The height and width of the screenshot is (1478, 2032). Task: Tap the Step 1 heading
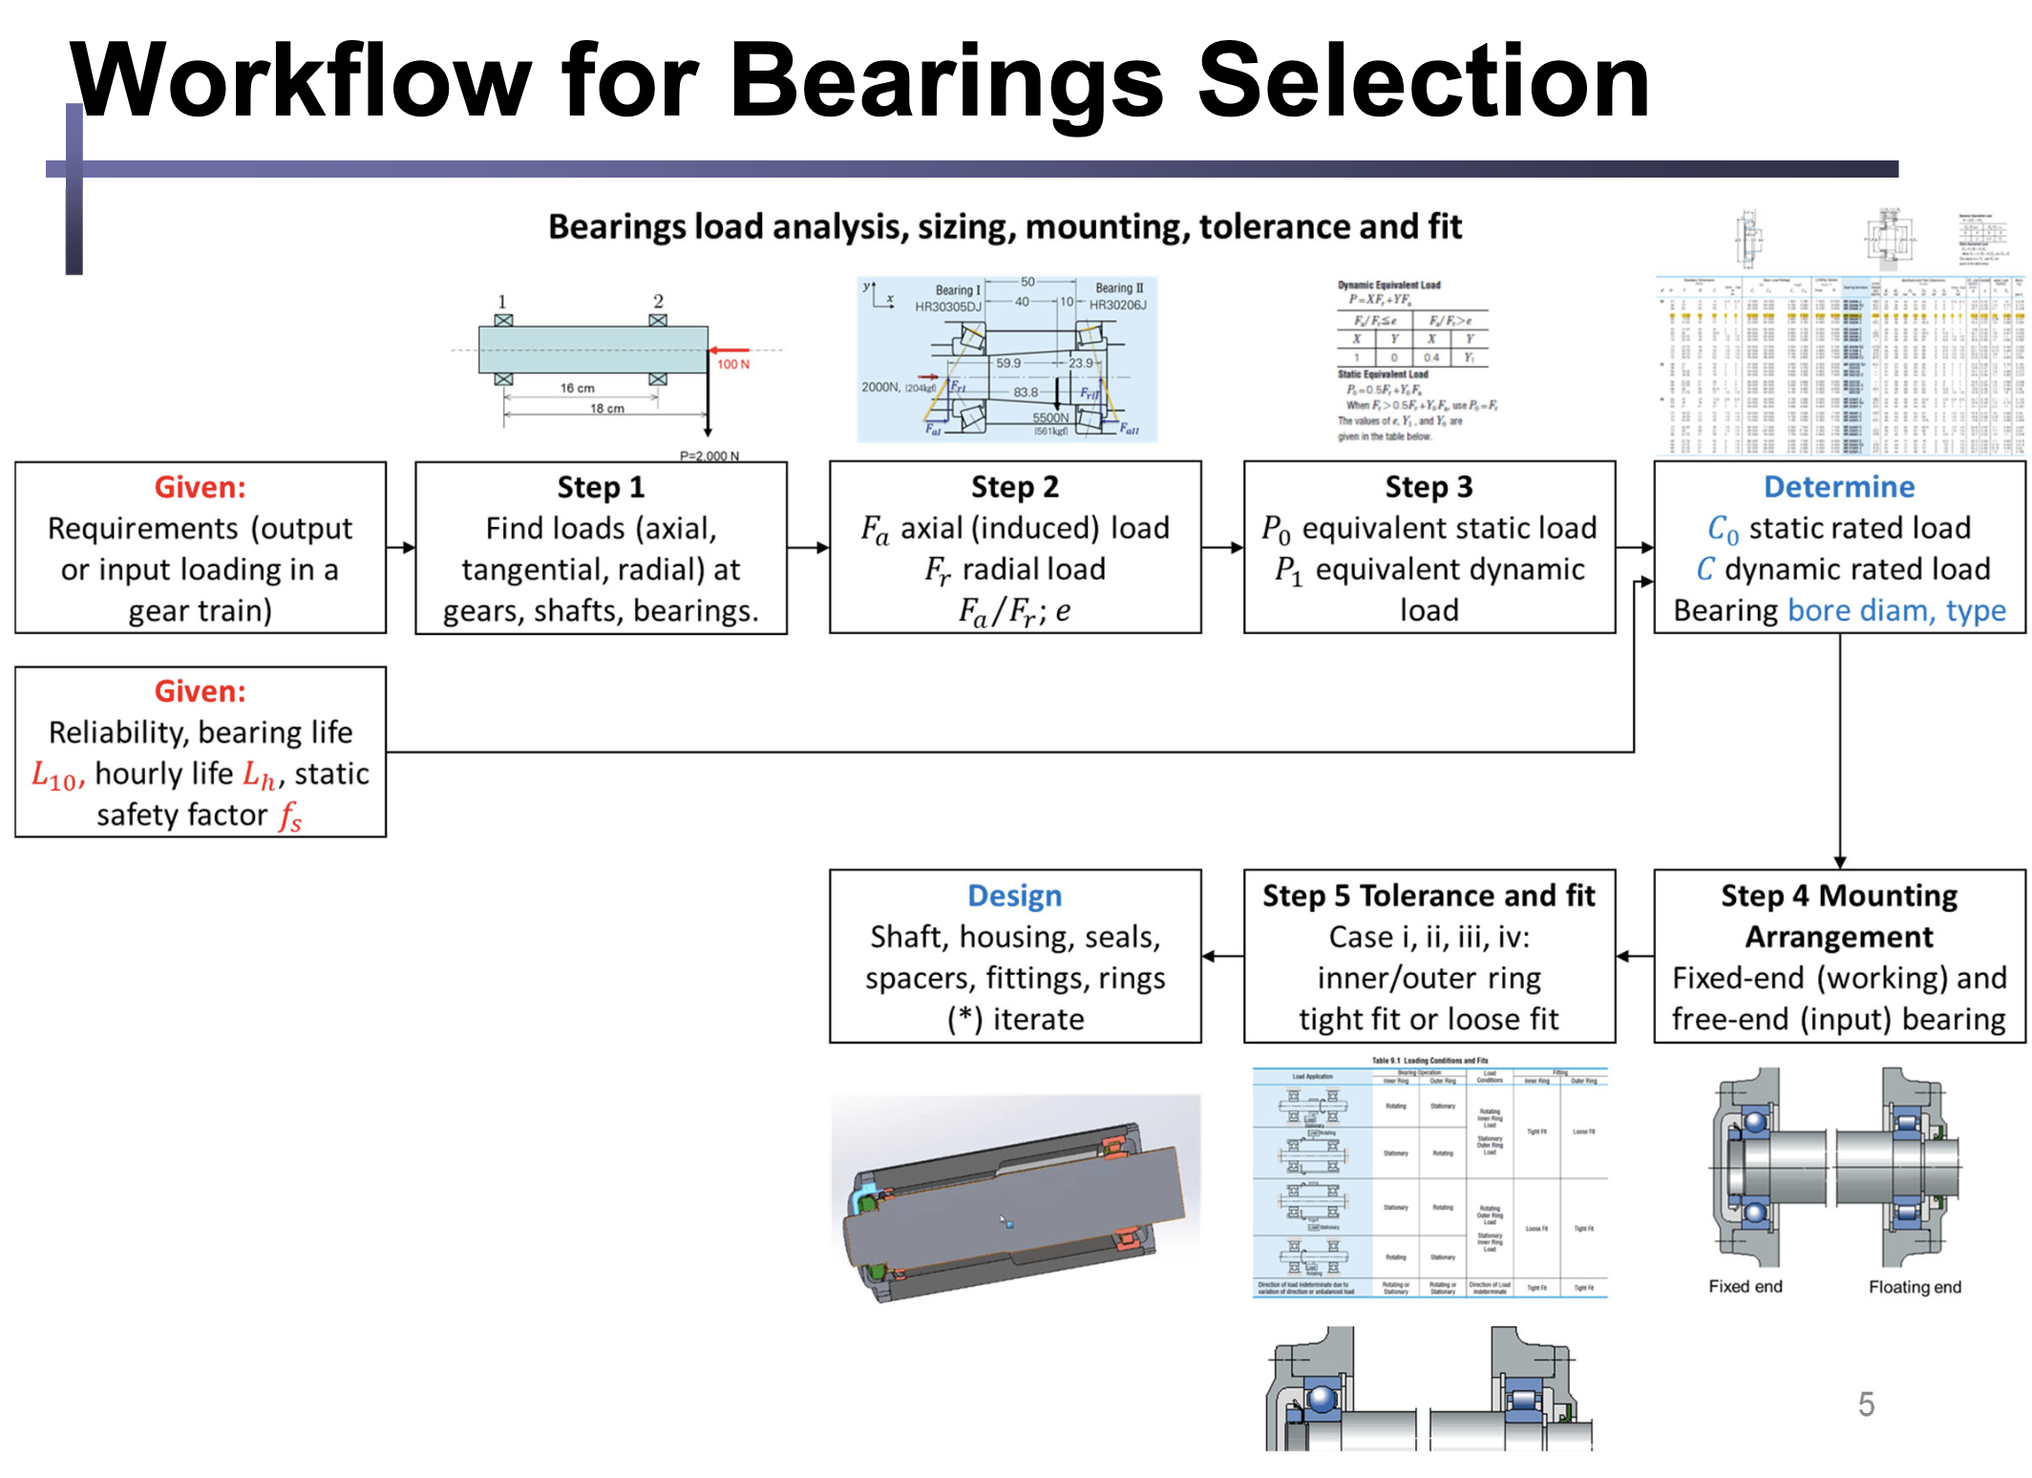[x=601, y=487]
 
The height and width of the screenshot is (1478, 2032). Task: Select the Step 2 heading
[x=1014, y=487]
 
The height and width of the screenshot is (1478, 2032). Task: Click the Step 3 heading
[x=1429, y=487]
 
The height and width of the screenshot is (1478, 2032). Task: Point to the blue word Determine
[x=1838, y=487]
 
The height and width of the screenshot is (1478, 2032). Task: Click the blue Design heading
[x=1014, y=896]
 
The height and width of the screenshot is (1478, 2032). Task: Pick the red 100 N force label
[x=733, y=365]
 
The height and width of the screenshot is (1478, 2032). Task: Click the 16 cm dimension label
[x=577, y=388]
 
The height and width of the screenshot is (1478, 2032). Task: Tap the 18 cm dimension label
[x=606, y=409]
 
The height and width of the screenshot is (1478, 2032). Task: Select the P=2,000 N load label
[x=709, y=455]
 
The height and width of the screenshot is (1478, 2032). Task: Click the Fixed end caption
[x=1745, y=1286]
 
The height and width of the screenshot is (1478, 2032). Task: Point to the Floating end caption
[x=1915, y=1286]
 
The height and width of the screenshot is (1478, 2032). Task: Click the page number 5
[x=1866, y=1404]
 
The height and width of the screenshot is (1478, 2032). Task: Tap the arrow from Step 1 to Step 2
[x=808, y=548]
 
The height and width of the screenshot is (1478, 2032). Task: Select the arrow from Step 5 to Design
[x=1222, y=956]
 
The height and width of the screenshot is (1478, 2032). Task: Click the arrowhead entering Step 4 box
[x=1839, y=862]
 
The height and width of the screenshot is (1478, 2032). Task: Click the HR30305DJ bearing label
[x=947, y=306]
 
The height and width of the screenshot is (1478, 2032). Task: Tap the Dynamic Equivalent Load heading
[x=1388, y=285]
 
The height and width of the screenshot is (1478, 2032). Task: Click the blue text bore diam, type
[x=1896, y=610]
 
